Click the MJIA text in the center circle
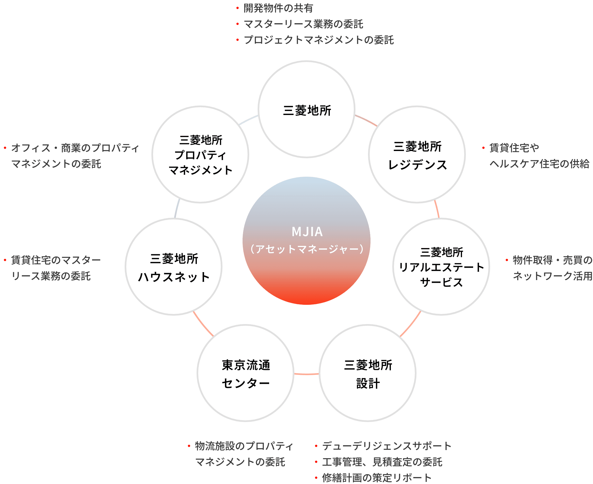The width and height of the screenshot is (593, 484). coord(307,232)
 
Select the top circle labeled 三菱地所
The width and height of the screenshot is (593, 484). coord(306,109)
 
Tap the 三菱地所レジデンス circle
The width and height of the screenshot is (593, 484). coord(417,155)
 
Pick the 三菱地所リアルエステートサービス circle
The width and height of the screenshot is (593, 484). coord(441,267)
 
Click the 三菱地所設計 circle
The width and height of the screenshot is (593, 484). coord(367,373)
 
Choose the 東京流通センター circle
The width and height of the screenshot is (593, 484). coord(245,373)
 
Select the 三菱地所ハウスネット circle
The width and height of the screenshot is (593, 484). coord(173,267)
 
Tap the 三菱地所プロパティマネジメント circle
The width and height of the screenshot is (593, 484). coord(200,155)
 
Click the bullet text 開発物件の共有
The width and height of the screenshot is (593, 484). coord(278,8)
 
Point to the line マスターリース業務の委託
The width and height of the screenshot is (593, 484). coord(303,24)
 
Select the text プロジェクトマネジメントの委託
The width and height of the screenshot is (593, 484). coord(318,40)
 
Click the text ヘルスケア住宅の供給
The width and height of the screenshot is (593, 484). coord(539,164)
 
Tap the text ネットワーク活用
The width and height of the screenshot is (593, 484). coord(552,276)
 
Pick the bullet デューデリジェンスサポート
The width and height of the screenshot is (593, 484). coord(386,446)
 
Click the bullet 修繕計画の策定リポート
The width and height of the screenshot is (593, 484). coord(376,478)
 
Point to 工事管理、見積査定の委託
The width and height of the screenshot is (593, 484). coord(382,462)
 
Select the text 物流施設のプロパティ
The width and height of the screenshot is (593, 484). coord(244,446)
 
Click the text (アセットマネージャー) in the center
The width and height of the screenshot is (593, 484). coord(307,249)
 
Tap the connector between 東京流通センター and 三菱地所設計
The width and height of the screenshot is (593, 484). coord(306,374)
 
